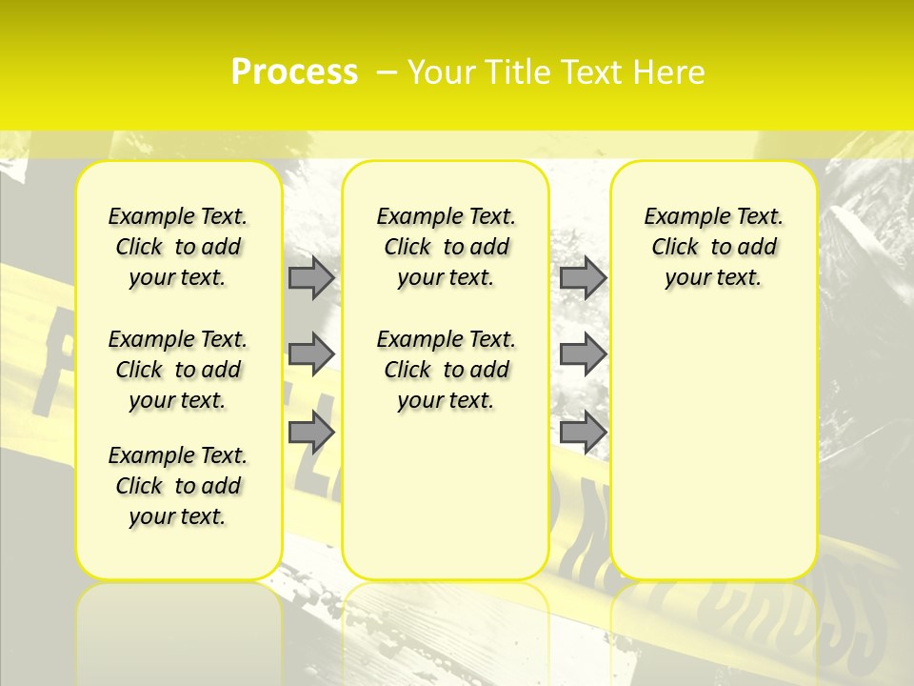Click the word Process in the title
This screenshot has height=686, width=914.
click(294, 72)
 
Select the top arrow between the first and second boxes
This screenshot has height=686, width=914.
click(310, 277)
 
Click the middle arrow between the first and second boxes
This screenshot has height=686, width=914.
click(310, 354)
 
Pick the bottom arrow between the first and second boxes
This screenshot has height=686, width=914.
click(310, 432)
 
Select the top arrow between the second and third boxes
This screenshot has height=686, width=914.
click(583, 277)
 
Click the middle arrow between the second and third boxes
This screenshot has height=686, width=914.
click(583, 354)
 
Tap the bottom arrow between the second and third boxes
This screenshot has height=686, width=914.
click(583, 432)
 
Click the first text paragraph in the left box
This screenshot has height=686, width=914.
click(178, 247)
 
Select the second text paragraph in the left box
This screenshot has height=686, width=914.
click(178, 370)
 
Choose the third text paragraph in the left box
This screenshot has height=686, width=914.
click(178, 486)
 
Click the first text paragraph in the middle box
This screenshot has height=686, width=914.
click(446, 247)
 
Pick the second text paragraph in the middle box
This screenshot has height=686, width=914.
click(446, 370)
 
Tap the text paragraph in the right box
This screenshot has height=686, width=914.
click(714, 247)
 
